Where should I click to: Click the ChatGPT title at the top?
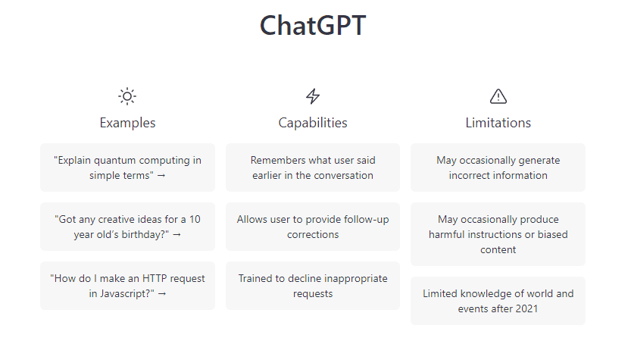(313, 25)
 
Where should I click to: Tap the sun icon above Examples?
(127, 96)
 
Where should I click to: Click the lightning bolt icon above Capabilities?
(313, 96)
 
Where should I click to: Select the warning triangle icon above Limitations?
(498, 96)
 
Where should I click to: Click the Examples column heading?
(127, 123)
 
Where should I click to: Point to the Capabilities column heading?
(313, 123)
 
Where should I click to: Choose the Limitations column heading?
(498, 123)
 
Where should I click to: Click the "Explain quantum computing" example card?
(127, 167)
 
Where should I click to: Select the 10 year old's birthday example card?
(127, 227)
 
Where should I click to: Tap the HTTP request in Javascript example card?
(127, 286)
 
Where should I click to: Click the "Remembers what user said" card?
(313, 167)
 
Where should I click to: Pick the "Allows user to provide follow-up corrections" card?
(313, 227)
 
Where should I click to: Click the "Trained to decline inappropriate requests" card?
(313, 286)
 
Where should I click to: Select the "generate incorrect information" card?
(498, 167)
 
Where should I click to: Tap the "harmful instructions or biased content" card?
(498, 234)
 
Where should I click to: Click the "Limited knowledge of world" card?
(498, 301)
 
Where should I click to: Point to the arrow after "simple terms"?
(161, 176)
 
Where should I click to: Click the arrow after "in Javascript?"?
(162, 294)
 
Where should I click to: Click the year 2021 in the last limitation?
(526, 309)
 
